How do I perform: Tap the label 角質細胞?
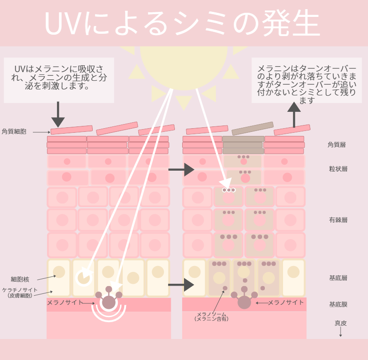pyautogui.click(x=14, y=131)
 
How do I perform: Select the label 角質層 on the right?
pyautogui.click(x=336, y=145)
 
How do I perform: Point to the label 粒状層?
pyautogui.click(x=338, y=169)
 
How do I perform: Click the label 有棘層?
pyautogui.click(x=338, y=220)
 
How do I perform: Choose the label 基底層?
pyautogui.click(x=338, y=278)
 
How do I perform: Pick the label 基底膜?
pyautogui.click(x=338, y=304)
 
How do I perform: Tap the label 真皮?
pyautogui.click(x=341, y=323)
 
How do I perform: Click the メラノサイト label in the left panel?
pyautogui.click(x=65, y=303)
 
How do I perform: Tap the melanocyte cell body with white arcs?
pyautogui.click(x=109, y=302)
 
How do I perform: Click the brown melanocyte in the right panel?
pyautogui.click(x=244, y=302)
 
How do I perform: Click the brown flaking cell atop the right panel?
pyautogui.click(x=252, y=128)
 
